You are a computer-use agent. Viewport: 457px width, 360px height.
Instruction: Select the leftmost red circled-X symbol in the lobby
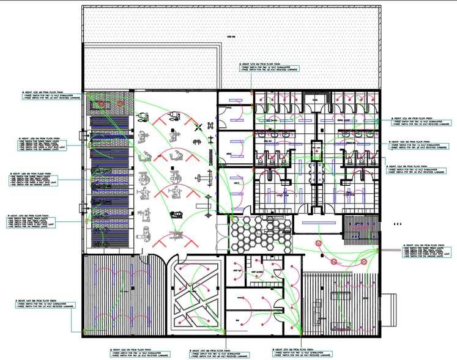click(319, 243)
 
